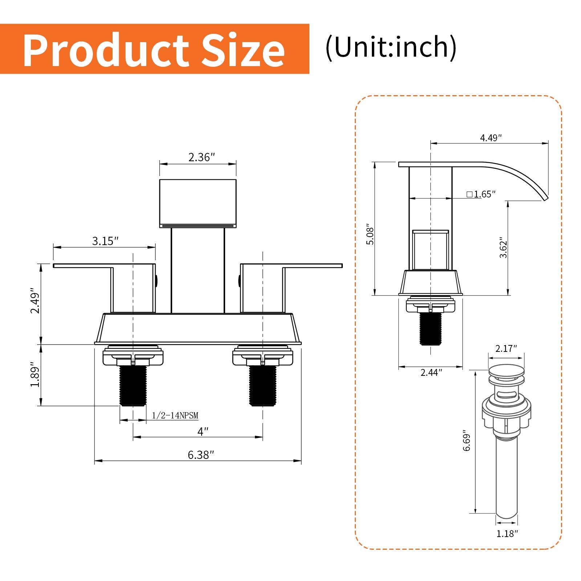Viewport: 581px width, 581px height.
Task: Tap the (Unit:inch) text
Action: pos(391,47)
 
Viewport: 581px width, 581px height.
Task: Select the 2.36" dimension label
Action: pos(202,157)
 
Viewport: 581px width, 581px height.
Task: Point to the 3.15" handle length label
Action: pos(105,241)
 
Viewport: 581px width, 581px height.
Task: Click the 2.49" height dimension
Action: pos(35,301)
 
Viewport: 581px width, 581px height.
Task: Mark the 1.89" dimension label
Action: pos(35,374)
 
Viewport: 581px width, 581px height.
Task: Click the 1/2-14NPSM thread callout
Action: pos(175,415)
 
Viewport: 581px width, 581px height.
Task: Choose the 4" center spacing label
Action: pos(203,432)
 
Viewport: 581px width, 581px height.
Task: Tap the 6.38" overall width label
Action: pos(201,455)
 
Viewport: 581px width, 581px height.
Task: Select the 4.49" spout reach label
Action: pos(491,138)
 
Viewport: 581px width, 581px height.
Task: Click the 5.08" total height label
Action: pos(370,234)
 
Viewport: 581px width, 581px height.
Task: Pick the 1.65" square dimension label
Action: pos(481,194)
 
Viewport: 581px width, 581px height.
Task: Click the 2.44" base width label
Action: pos(431,372)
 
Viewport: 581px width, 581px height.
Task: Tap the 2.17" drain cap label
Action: pos(506,349)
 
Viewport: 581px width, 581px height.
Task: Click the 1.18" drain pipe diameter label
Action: pos(507,533)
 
